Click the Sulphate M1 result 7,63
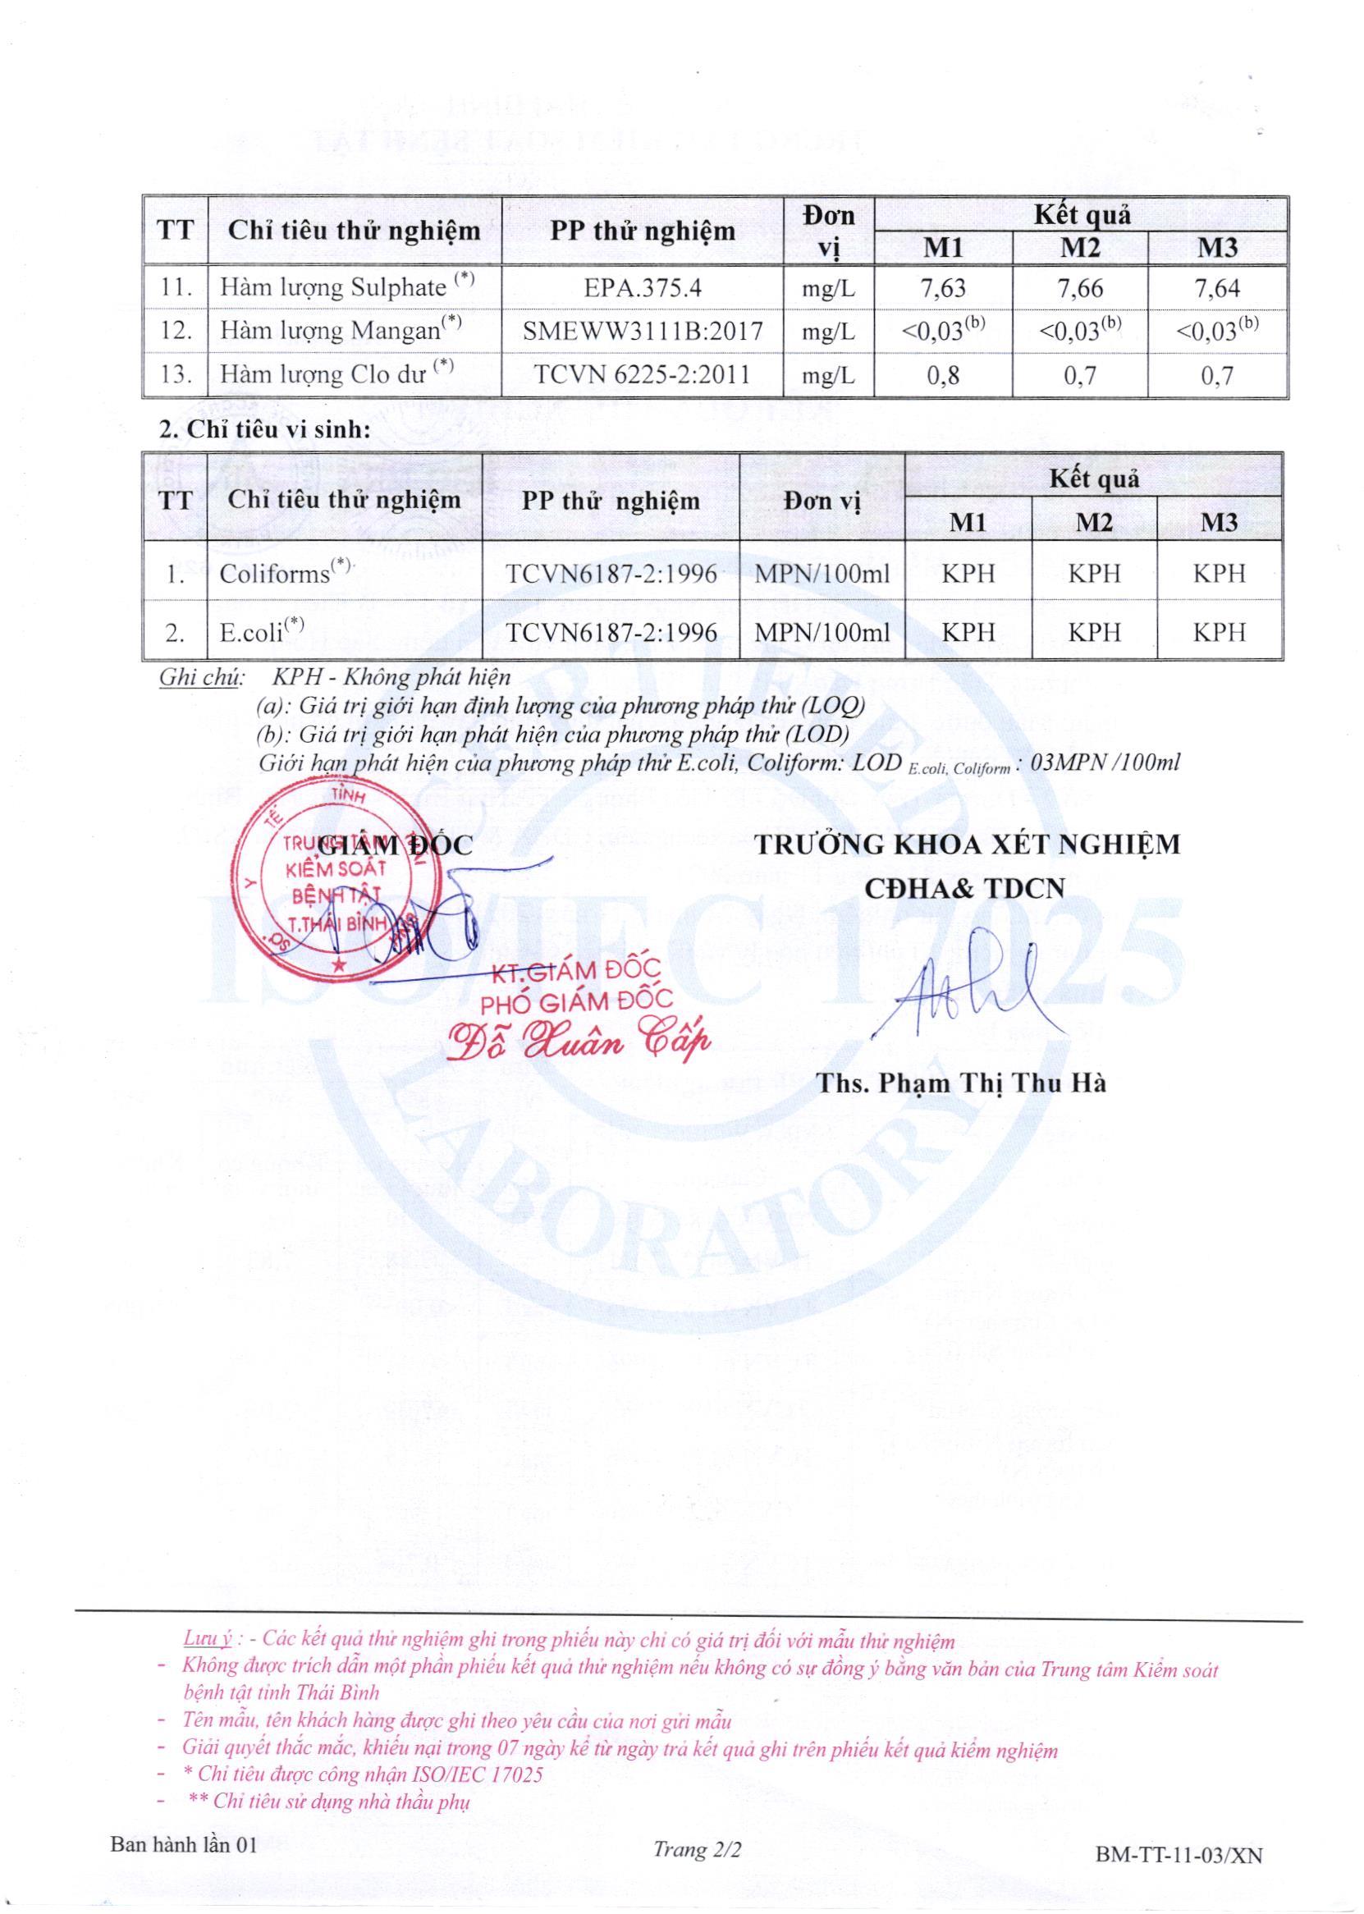(x=943, y=289)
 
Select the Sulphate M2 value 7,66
(x=1080, y=289)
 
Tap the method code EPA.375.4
(x=643, y=289)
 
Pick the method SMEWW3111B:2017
(x=643, y=331)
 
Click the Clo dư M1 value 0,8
(x=943, y=374)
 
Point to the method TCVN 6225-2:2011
(x=643, y=374)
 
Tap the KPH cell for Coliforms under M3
(x=1220, y=574)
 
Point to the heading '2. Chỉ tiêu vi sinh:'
(x=264, y=430)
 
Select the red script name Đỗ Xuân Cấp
(x=579, y=1041)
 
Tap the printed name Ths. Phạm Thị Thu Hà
(x=962, y=1083)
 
